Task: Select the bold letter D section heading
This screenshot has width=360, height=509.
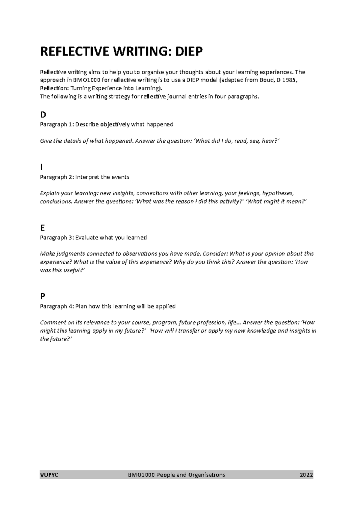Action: pyautogui.click(x=43, y=115)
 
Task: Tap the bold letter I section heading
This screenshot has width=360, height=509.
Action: pyautogui.click(x=41, y=167)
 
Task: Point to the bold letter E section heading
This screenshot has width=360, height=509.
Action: pyautogui.click(x=42, y=228)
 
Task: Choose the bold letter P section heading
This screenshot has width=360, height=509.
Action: pyautogui.click(x=43, y=296)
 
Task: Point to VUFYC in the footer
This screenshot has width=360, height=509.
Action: pyautogui.click(x=49, y=475)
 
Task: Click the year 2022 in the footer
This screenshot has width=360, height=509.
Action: pyautogui.click(x=306, y=475)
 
